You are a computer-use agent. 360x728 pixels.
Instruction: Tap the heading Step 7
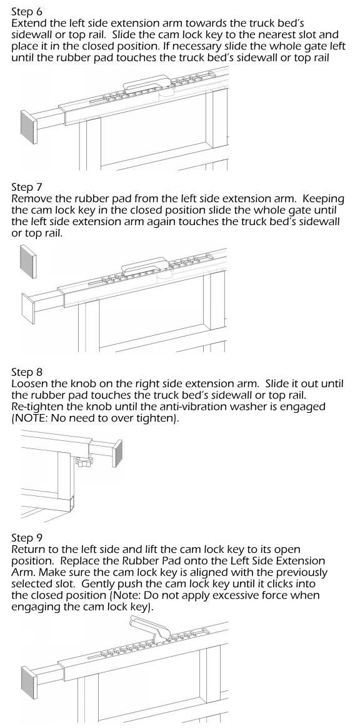click(26, 188)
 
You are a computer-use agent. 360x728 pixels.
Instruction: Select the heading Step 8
click(26, 373)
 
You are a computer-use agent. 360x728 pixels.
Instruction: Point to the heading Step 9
click(26, 538)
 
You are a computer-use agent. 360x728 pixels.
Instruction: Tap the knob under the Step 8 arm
click(84, 462)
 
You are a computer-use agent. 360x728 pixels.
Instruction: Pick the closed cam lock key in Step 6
click(147, 83)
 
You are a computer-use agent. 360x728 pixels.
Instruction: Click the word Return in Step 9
click(28, 550)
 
